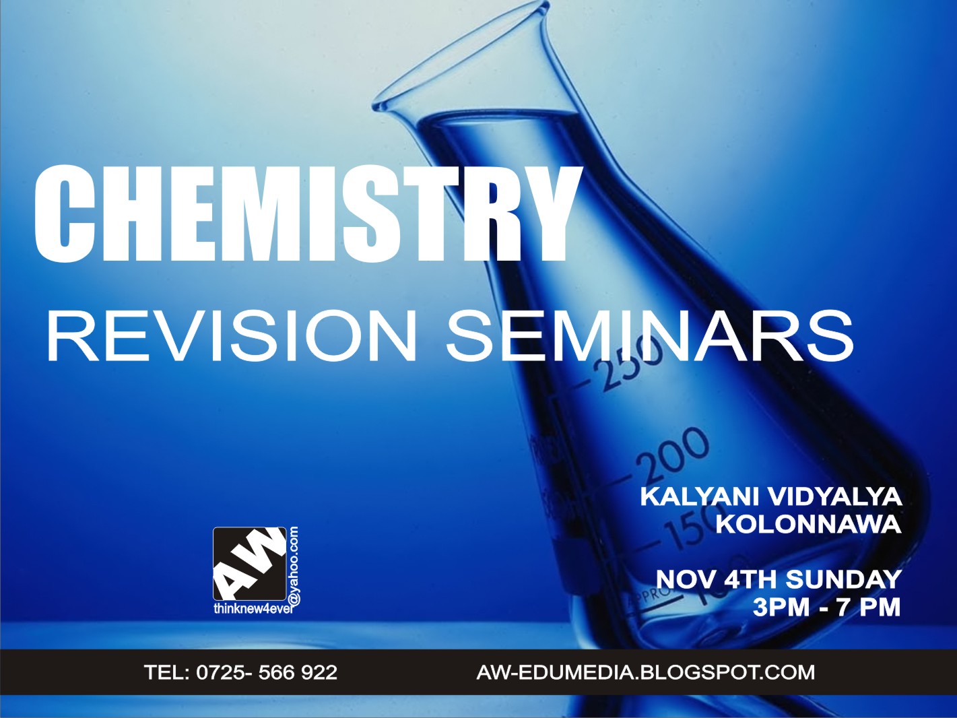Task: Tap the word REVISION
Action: [231, 336]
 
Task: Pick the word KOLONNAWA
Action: [808, 524]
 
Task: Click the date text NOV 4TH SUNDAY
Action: [779, 579]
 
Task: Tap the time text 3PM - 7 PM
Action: [826, 607]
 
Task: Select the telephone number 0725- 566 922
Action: [267, 672]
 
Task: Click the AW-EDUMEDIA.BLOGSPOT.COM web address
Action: [645, 672]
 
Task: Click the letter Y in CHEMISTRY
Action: [539, 214]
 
